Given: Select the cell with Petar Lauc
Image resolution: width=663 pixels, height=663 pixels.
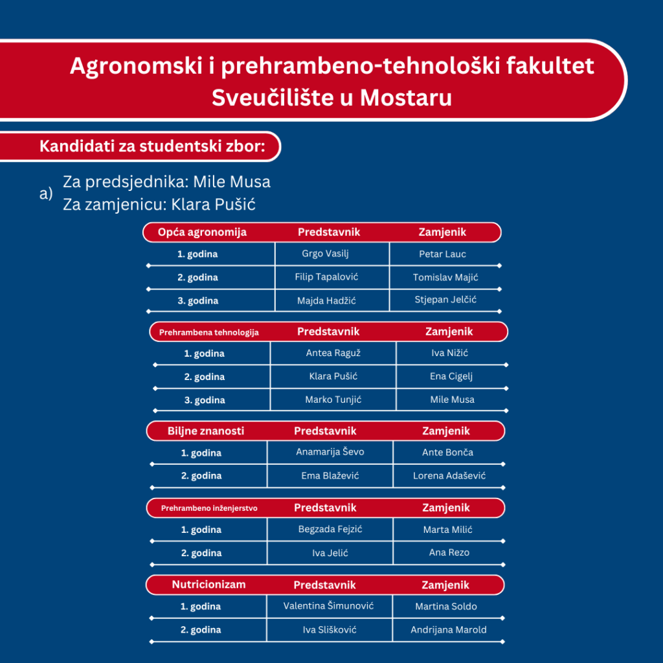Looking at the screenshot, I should click(442, 254).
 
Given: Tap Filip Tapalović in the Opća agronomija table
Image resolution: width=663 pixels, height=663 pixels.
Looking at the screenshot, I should click(326, 277).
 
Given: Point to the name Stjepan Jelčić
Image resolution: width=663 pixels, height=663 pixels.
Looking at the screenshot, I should click(445, 300).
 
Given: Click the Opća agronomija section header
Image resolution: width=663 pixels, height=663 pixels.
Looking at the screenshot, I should click(202, 232).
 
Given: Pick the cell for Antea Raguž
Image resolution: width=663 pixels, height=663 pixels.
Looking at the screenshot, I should click(333, 353).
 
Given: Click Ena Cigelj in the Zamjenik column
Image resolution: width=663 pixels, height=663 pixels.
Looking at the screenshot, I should click(452, 376).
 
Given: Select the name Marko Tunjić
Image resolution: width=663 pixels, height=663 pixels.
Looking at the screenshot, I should click(333, 399).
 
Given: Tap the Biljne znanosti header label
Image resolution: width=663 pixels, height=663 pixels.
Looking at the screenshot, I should click(206, 431).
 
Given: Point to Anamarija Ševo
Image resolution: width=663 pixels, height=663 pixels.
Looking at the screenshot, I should click(330, 452).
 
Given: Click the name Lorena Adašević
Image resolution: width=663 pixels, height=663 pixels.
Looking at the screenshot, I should click(449, 476).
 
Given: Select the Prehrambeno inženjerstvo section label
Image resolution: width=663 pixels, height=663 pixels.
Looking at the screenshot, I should click(209, 508).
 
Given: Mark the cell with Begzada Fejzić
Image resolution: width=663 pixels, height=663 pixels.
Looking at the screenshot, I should click(330, 530).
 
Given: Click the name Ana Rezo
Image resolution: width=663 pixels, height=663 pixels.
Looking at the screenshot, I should click(449, 552).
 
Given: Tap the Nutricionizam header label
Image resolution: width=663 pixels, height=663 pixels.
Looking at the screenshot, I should click(208, 585).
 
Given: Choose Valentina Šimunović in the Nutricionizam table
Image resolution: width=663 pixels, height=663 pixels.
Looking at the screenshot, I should click(328, 606).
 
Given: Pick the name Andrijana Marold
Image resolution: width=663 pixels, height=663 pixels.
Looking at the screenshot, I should click(449, 629).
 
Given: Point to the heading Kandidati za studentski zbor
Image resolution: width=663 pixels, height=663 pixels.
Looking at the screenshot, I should click(153, 146).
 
